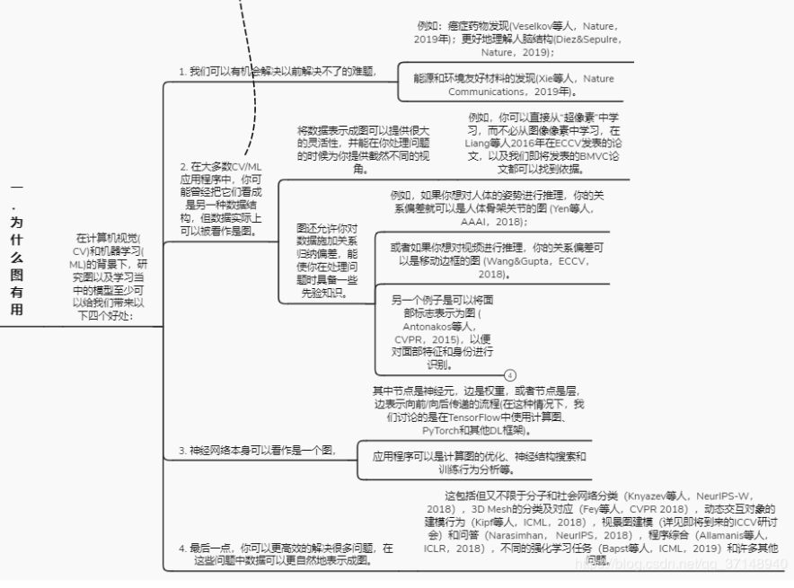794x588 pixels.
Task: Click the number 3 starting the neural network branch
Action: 181,451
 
